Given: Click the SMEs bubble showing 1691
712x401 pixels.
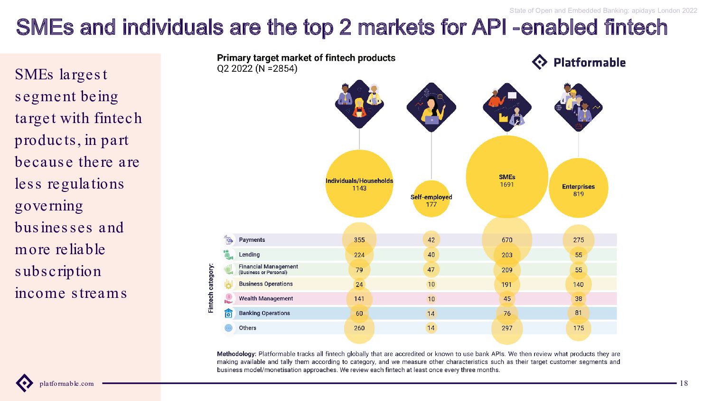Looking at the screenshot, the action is click(x=507, y=177).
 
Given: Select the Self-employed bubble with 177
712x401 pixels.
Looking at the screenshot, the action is click(x=431, y=199).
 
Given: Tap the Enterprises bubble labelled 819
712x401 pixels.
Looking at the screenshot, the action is click(x=579, y=188).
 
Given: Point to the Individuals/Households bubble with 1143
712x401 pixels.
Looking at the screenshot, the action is click(x=359, y=184).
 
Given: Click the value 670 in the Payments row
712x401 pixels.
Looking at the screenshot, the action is click(x=507, y=240).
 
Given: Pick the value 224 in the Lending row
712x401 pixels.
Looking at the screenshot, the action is click(x=359, y=255).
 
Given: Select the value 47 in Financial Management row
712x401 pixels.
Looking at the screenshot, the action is click(x=431, y=270).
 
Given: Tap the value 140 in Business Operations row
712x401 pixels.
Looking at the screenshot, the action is click(x=579, y=285).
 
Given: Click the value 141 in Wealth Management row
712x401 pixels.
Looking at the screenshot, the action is click(x=359, y=299).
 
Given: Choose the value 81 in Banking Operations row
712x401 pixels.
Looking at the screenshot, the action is click(x=579, y=313).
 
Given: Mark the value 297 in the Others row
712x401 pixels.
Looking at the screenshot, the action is click(x=507, y=328).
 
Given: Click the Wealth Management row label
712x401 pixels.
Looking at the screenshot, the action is click(x=266, y=298).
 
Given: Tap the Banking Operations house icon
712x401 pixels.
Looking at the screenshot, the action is click(x=228, y=313).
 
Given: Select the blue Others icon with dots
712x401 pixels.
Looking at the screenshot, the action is click(x=228, y=328).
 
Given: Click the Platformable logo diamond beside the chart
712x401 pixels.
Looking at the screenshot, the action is click(x=539, y=62).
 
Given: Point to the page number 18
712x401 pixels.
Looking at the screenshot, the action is click(x=684, y=383).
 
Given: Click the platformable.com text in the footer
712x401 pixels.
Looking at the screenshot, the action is click(x=67, y=384).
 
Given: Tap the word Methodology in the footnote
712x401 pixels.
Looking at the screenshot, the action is click(x=236, y=354).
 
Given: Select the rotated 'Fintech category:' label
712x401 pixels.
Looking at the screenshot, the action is click(x=211, y=288).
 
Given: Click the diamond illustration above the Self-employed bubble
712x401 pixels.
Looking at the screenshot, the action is click(x=431, y=107).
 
